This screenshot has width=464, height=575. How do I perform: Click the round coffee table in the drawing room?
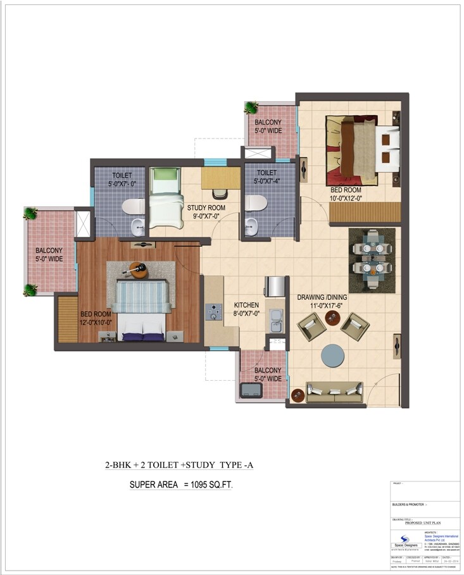pos(334,355)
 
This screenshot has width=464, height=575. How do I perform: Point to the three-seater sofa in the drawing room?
pos(334,392)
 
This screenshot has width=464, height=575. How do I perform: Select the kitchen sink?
pos(275,326)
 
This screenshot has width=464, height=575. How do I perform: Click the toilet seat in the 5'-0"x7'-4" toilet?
pos(255,202)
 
